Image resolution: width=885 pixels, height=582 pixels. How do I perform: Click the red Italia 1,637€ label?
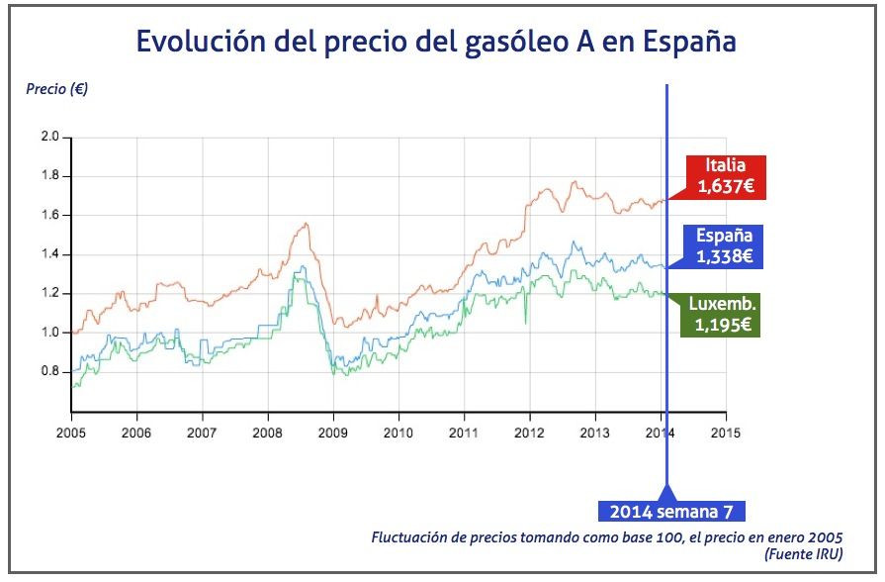click(x=726, y=175)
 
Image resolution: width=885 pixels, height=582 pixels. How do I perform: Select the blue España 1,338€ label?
click(x=725, y=246)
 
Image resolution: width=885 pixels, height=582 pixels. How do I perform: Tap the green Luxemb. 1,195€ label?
click(x=724, y=314)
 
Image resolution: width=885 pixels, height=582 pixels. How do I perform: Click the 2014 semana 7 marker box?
click(x=671, y=511)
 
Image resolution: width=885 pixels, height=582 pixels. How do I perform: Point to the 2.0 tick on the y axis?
click(x=49, y=137)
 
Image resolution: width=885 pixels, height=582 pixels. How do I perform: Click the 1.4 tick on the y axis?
click(x=49, y=254)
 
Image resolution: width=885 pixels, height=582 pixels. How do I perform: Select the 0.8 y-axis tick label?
click(x=49, y=372)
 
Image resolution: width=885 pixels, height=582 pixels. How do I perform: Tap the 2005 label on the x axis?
click(x=71, y=433)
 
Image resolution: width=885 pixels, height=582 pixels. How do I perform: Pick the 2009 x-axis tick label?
click(x=332, y=433)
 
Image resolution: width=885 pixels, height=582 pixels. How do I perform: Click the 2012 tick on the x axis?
click(x=529, y=433)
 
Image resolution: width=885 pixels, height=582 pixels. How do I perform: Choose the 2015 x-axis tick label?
click(x=726, y=433)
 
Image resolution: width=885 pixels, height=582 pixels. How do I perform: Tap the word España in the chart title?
click(x=688, y=42)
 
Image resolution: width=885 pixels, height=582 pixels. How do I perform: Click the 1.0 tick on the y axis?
click(x=49, y=333)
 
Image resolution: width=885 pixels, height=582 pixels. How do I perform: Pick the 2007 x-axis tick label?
click(x=202, y=433)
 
